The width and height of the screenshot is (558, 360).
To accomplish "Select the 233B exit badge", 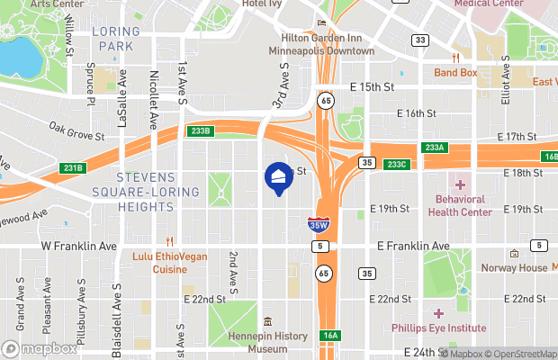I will pos(201,131).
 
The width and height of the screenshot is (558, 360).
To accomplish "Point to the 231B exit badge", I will pos(73,167).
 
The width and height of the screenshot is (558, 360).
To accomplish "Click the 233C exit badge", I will pos(397,164).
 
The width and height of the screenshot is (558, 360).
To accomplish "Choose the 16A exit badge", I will pos(330,336).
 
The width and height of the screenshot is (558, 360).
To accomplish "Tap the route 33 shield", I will pos(419,40).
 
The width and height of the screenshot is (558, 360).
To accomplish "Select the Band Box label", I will pos(455,72).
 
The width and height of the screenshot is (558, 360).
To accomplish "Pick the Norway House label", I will pos(514,268).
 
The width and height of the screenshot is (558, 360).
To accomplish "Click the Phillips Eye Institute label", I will pos(438,328).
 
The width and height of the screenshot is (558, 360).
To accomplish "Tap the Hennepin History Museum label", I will pos(267,342).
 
